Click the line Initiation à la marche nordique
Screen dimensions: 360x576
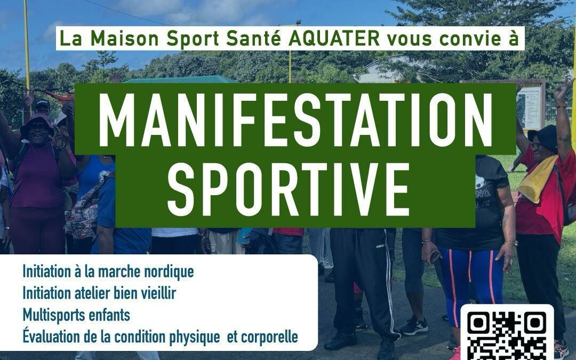[x=108, y=271]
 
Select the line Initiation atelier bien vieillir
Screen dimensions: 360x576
[x=99, y=293]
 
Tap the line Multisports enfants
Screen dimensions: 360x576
[x=76, y=315]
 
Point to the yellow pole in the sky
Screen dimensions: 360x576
[x=26, y=43]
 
